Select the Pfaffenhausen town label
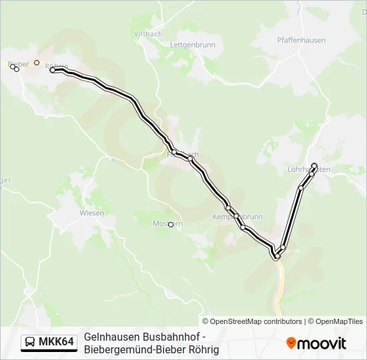click(x=301, y=40)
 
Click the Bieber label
click(x=19, y=64)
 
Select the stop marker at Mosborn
click(x=171, y=225)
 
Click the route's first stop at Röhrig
click(x=53, y=70)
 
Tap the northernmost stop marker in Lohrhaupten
click(x=314, y=165)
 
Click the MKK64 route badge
click(x=49, y=343)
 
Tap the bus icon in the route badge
click(x=31, y=343)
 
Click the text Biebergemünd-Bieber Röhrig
click(x=151, y=349)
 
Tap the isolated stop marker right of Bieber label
click(x=37, y=63)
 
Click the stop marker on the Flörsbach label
click(x=174, y=152)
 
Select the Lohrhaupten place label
click(x=308, y=170)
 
